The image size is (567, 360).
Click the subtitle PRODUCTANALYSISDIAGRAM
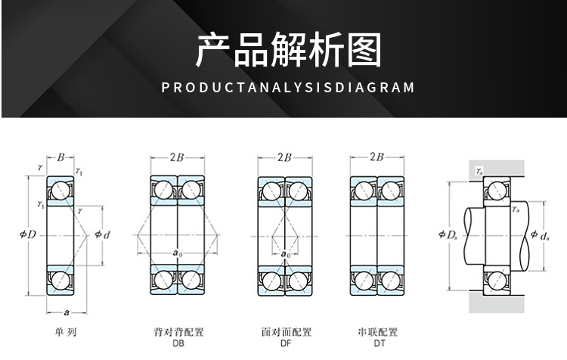coord(289,87)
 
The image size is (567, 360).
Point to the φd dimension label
coord(103,235)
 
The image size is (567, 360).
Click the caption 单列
coord(65,332)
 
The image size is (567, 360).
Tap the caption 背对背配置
coord(178,332)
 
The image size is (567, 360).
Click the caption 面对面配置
coord(287,332)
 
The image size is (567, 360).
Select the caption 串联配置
coord(377,332)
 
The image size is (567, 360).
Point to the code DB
coord(178,343)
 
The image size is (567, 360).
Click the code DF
coord(287,343)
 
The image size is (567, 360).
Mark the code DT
coord(377,343)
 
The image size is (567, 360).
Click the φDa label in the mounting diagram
coord(448,235)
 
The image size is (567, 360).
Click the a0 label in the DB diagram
coord(177,253)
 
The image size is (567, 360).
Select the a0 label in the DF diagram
coord(285,255)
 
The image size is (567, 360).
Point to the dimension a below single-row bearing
coord(67,312)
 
